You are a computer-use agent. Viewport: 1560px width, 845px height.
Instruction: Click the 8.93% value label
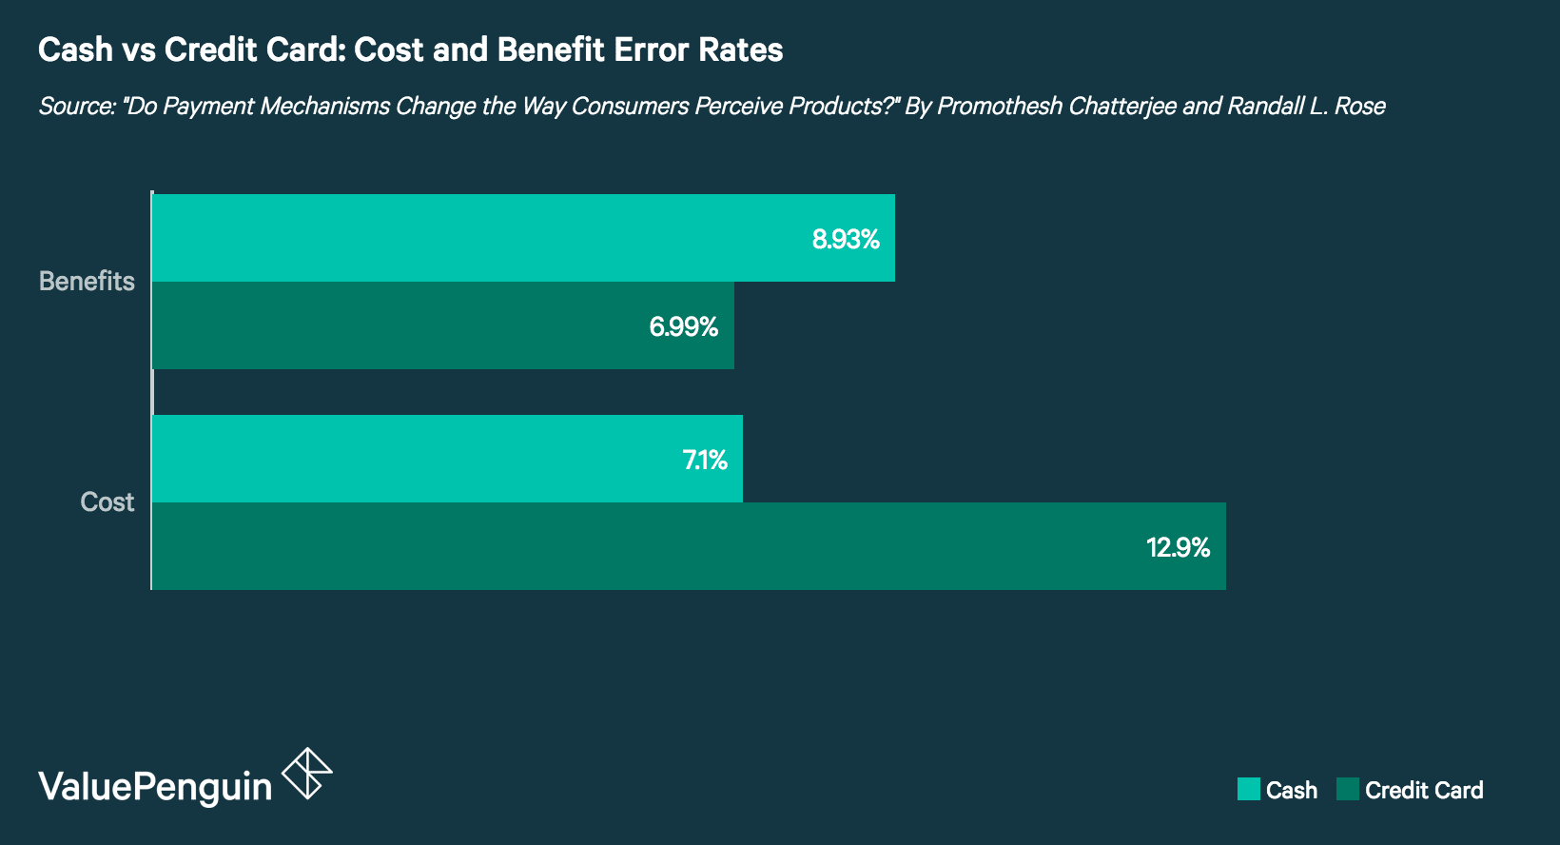846,239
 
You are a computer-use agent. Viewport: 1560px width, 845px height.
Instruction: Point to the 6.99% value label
683,326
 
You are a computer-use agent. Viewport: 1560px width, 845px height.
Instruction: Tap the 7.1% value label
705,460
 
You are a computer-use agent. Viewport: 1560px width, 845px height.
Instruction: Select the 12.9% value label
1178,547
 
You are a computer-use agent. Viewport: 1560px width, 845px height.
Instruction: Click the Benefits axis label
87,281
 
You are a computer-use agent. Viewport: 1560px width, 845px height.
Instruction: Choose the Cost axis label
107,501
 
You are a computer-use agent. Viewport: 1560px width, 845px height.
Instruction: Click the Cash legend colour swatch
1248,789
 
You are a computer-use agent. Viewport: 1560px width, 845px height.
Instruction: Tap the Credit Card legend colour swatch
1347,789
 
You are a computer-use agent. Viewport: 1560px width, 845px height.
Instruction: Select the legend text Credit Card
1423,790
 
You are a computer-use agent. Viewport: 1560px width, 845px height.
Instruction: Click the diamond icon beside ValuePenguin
307,773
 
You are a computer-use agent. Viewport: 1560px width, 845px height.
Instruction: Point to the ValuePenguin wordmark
155,786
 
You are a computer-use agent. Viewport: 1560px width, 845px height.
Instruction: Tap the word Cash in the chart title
75,49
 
